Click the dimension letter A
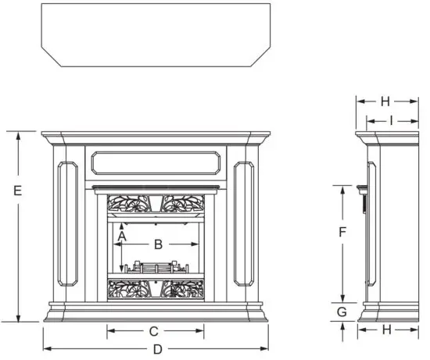coord(122,233)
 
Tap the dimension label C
coord(154,331)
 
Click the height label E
coord(17,190)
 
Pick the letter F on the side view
coord(342,232)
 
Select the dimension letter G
coord(342,312)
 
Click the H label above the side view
coord(385,101)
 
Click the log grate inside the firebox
coord(156,267)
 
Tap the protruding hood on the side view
coord(360,188)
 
